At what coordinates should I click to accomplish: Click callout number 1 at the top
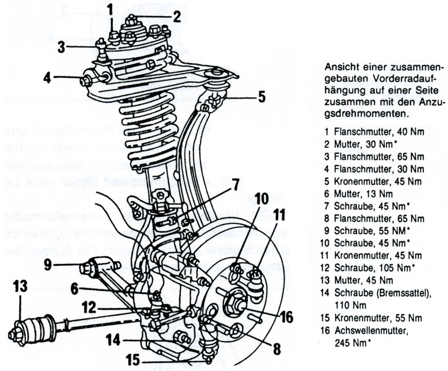click(x=112, y=9)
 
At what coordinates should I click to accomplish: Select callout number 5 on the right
click(x=261, y=97)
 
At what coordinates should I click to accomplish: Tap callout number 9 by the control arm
click(x=46, y=265)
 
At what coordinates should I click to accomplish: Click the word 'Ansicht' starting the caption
click(x=339, y=67)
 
